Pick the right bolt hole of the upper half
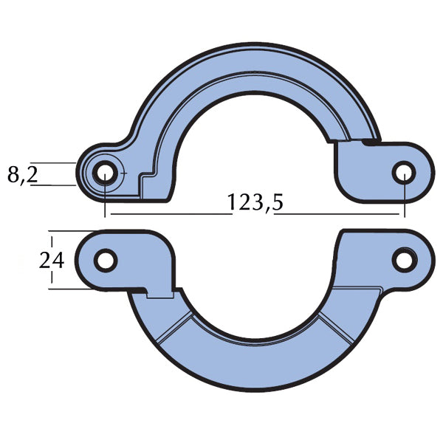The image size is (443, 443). pos(404,174)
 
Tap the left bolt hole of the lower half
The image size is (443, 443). pos(106,260)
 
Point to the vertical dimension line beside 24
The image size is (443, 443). pos(52,260)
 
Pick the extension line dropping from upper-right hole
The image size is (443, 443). pos(404,198)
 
